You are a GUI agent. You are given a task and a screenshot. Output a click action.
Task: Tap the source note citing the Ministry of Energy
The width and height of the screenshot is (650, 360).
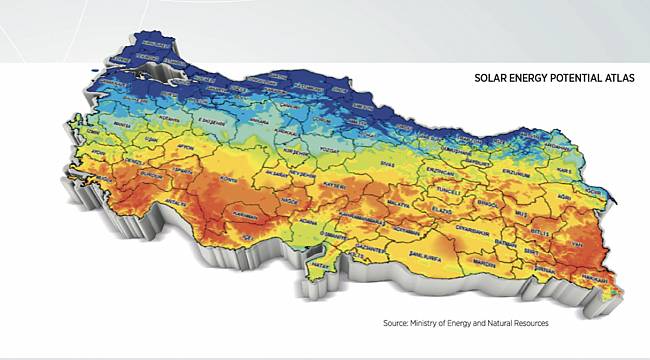pyautogui.click(x=466, y=323)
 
